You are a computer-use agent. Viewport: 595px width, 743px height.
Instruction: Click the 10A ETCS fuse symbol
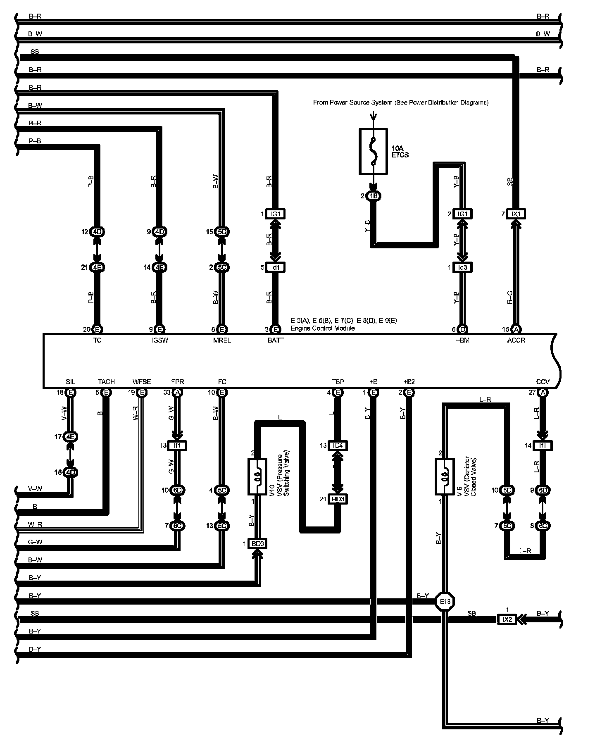373,151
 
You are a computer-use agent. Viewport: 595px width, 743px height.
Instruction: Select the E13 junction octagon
445,602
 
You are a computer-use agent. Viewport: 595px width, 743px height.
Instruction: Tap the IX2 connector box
507,619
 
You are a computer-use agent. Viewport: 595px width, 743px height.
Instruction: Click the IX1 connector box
516,214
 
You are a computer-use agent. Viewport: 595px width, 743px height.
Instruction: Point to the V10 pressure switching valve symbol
257,476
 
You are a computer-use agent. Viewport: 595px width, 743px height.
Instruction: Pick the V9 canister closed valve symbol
445,476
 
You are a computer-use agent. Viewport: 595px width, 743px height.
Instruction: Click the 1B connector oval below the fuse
374,196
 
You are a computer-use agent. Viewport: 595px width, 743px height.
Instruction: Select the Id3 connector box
463,267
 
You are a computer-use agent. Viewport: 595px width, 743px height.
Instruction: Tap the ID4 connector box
338,445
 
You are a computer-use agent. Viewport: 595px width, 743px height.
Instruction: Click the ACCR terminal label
516,340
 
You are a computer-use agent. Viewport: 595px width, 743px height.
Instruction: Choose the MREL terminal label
222,340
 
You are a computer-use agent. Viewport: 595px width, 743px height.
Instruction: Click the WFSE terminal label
142,381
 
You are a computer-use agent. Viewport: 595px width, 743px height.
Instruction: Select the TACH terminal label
106,381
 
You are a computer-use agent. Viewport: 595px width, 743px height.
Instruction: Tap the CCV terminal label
543,381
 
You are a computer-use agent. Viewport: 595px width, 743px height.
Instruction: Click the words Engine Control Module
322,328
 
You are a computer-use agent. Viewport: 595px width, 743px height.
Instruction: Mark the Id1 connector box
276,267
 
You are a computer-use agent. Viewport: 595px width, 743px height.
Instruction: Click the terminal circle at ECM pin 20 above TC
97,329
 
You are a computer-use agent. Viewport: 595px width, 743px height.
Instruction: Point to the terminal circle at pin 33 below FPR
178,392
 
